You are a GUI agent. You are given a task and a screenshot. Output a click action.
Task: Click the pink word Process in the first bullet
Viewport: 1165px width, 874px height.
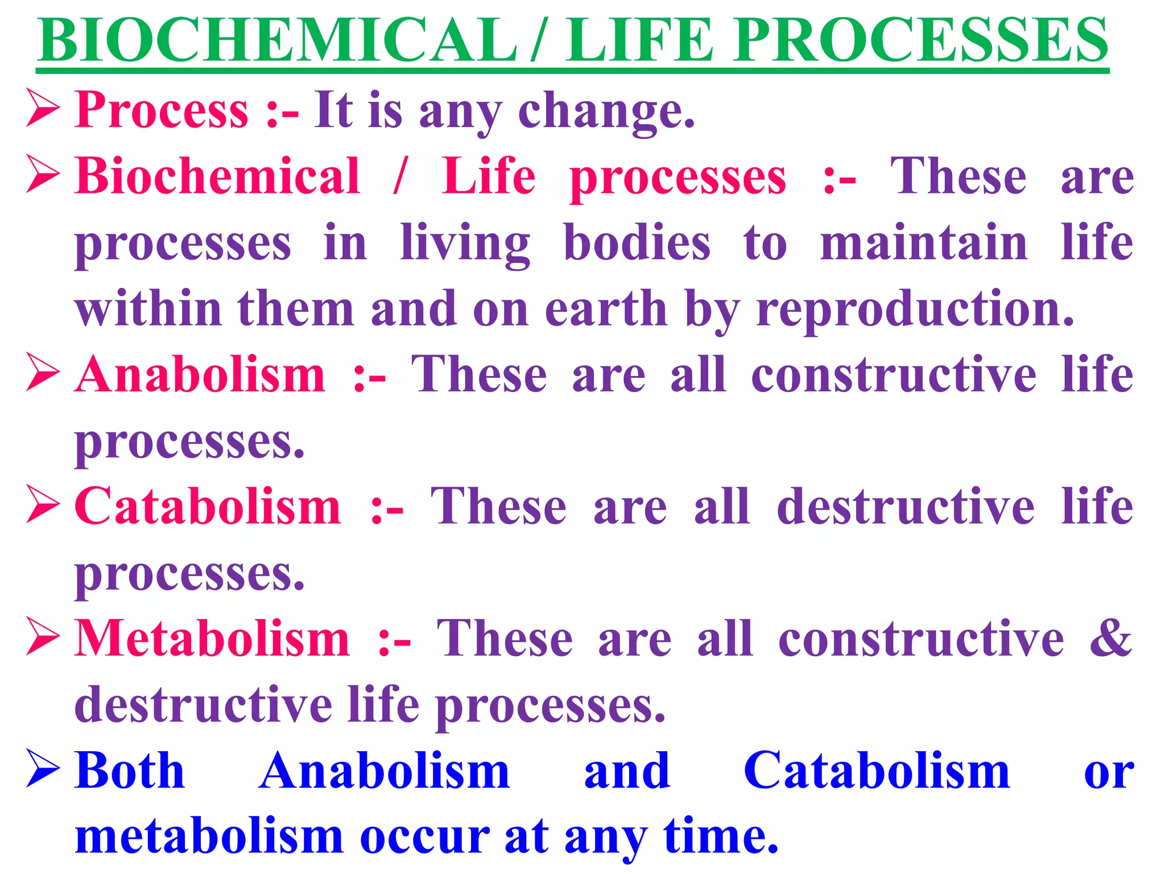[x=162, y=110]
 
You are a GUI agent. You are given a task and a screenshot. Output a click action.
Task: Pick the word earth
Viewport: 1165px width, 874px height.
[x=606, y=309]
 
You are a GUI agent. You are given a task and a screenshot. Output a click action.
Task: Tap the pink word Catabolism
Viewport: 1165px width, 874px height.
[x=208, y=506]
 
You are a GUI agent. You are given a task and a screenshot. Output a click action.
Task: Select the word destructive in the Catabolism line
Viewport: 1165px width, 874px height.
[x=905, y=506]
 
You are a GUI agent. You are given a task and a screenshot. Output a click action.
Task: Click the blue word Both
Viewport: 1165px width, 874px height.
[x=130, y=770]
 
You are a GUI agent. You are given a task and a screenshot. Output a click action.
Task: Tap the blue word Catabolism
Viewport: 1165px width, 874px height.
[x=877, y=770]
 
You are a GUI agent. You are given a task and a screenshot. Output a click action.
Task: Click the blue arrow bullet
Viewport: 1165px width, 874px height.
[x=43, y=769]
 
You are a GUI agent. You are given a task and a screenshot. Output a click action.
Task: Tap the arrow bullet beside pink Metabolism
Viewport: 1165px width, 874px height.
[x=43, y=638]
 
